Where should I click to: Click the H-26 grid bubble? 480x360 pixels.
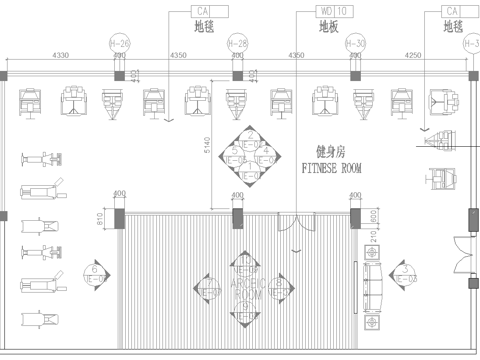[x=120, y=44]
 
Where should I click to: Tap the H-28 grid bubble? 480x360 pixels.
[x=238, y=44]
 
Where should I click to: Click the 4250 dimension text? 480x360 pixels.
[x=414, y=57]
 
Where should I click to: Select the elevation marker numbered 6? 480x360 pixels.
[x=94, y=269]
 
